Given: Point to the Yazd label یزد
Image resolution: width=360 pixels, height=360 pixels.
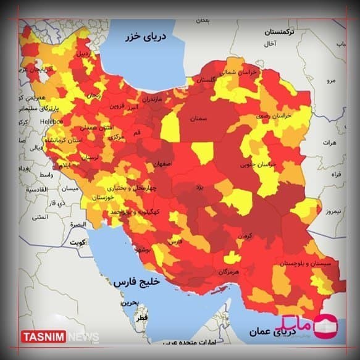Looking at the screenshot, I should pyautogui.click(x=199, y=186).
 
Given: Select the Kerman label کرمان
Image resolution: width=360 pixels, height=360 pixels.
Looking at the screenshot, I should pyautogui.click(x=245, y=235).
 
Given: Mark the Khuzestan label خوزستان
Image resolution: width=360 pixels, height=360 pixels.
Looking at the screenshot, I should pyautogui.click(x=103, y=197).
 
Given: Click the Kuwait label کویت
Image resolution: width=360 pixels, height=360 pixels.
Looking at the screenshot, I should pyautogui.click(x=78, y=242).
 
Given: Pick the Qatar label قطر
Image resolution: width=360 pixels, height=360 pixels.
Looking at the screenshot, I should pyautogui.click(x=142, y=317).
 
